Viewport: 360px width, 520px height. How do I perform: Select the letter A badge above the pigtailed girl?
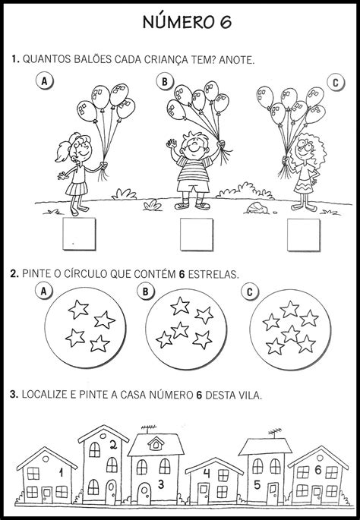45,80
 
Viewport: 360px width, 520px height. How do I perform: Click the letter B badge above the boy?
163,80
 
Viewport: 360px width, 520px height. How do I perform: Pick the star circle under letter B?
182,327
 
